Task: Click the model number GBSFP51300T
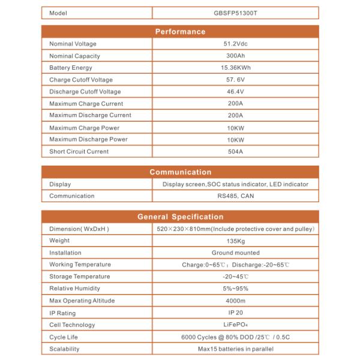235,13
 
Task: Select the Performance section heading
180,32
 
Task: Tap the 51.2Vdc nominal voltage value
235,44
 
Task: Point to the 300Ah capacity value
235,56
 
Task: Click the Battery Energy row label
71,68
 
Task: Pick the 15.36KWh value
235,68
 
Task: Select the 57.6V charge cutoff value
235,80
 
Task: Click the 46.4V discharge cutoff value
235,92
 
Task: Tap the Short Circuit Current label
79,151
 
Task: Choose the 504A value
235,151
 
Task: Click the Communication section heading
180,172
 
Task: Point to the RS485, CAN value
235,196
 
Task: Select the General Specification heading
180,217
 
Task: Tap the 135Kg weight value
235,241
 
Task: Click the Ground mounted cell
235,253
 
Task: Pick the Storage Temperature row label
80,277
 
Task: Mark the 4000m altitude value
235,301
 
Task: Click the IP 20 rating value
235,313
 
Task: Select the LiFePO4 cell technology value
235,325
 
